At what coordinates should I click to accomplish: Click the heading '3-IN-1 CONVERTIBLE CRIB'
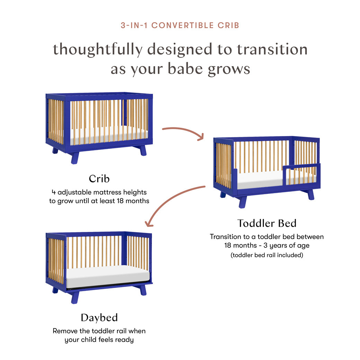pos(180,25)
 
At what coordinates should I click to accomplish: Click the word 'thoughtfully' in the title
pos(97,49)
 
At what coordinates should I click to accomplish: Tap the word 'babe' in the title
pos(186,69)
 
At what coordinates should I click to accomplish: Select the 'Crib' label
pos(99,179)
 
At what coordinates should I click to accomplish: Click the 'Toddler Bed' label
pos(267,223)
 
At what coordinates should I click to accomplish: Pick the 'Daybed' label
pos(99,317)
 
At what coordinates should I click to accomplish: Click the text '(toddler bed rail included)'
pos(267,255)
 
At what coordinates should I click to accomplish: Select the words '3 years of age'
pos(289,246)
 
